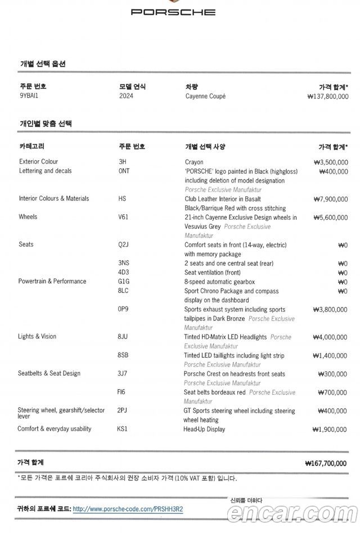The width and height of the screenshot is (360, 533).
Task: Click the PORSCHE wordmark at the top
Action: click(173, 12)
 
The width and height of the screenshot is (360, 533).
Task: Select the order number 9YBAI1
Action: click(29, 96)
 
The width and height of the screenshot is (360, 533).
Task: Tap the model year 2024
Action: click(126, 96)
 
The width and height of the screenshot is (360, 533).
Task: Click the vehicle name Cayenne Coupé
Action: click(205, 96)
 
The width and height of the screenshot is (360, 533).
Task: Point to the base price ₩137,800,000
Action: click(328, 97)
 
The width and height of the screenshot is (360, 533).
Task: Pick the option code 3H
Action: click(122, 162)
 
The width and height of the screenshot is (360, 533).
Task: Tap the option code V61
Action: click(124, 217)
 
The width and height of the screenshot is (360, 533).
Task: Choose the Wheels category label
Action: click(28, 217)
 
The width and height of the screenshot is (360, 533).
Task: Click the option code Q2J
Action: click(124, 245)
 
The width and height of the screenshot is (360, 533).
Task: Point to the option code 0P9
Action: click(123, 309)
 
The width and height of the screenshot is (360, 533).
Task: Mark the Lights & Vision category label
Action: click(37, 337)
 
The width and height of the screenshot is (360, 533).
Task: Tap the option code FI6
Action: click(122, 392)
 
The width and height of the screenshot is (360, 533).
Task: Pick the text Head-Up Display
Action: click(204, 429)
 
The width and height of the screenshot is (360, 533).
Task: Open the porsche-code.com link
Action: click(128, 509)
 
